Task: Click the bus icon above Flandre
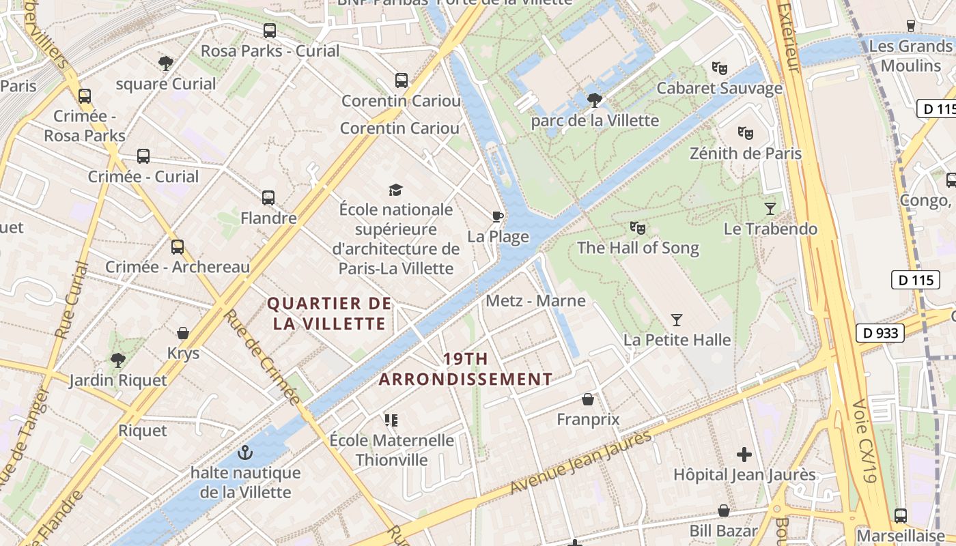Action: (268, 198)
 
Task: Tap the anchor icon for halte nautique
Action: (244, 452)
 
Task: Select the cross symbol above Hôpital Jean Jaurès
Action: (744, 454)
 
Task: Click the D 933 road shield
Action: (880, 333)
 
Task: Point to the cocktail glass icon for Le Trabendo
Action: (770, 208)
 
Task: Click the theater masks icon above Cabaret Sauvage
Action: (719, 68)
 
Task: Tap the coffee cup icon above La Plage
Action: (498, 217)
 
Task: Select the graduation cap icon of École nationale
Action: (396, 190)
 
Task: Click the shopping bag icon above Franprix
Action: (588, 399)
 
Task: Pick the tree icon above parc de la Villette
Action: (595, 100)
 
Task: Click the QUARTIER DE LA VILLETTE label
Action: (330, 313)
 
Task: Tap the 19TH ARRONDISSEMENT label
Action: (466, 369)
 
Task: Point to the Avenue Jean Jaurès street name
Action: (581, 462)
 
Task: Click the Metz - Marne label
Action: (535, 301)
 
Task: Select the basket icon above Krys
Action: (183, 333)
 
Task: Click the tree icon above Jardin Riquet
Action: (118, 360)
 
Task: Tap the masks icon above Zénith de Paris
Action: (745, 132)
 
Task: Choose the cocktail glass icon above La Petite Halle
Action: (677, 319)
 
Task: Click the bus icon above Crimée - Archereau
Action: (178, 246)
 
